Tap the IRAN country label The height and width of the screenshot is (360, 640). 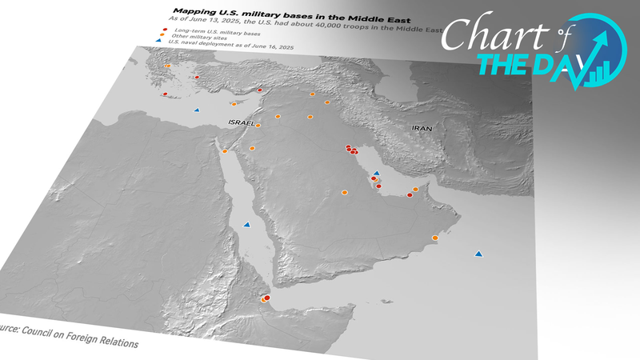click(x=422, y=128)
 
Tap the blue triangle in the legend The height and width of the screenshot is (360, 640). click(x=164, y=47)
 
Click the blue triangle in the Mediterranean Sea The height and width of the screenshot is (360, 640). click(x=197, y=110)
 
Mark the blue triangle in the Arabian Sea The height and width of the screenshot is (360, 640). click(x=478, y=254)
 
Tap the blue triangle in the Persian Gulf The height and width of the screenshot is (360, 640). click(x=377, y=173)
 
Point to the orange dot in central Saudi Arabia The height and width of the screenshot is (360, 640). click(x=345, y=192)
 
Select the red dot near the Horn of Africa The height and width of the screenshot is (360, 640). click(x=267, y=298)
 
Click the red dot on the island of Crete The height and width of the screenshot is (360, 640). click(x=165, y=94)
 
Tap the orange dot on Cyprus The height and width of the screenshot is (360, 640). click(x=234, y=104)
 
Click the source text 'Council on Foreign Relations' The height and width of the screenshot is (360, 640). click(x=83, y=336)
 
